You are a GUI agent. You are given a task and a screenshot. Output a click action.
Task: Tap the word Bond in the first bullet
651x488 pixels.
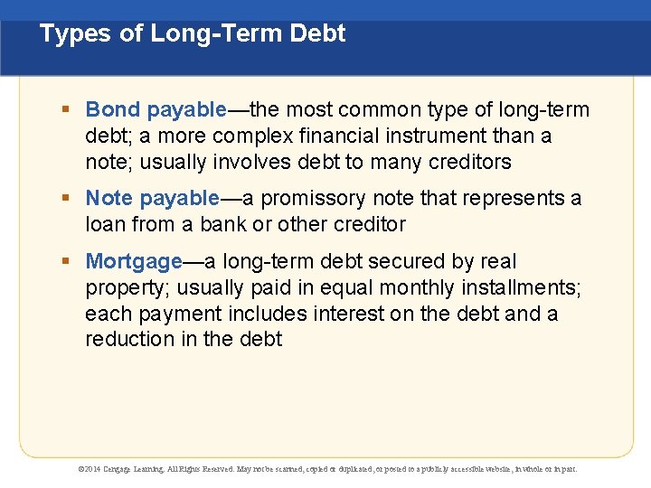point(112,110)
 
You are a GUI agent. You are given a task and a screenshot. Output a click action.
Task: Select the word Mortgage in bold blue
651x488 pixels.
point(134,262)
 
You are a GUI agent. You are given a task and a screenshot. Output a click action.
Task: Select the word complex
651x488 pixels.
point(241,136)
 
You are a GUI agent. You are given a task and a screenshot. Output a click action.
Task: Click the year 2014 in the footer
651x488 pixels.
point(93,469)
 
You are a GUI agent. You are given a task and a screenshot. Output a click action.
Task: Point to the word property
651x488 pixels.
point(126,288)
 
